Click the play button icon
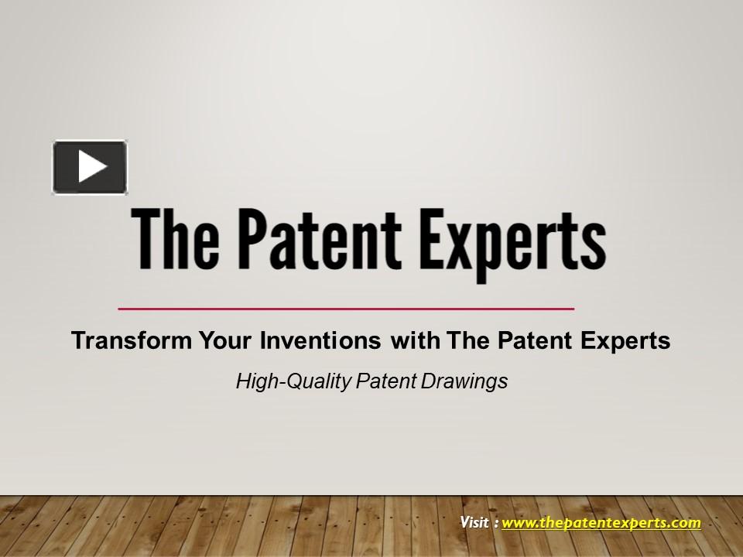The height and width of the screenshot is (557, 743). tap(90, 167)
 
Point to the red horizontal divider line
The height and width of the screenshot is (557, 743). tap(346, 309)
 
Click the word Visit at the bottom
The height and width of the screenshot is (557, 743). tap(474, 523)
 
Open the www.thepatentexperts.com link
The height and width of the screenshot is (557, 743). tap(601, 523)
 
